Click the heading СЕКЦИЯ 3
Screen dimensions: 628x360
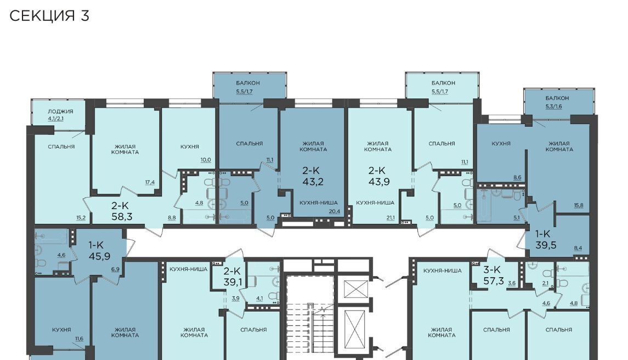coord(49,16)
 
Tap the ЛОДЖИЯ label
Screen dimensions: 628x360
coord(60,111)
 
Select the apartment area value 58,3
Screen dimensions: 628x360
coord(122,217)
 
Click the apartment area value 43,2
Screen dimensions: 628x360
coord(313,182)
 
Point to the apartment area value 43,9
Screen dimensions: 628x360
coord(379,182)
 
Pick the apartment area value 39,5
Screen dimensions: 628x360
coord(546,245)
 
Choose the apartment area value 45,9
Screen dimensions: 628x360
coord(99,256)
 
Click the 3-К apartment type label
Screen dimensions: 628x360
coord(492,270)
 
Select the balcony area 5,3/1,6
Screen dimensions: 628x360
coord(553,106)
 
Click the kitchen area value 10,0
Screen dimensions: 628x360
coord(206,160)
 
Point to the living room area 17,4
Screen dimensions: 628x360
coord(150,182)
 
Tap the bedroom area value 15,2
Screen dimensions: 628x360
coord(81,218)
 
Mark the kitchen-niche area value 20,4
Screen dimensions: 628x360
coord(335,211)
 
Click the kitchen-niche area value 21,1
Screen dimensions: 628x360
coord(390,218)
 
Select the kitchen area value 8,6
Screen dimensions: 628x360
coord(517,177)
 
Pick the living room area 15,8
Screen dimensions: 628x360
coord(578,206)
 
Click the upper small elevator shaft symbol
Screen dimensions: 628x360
coord(355,289)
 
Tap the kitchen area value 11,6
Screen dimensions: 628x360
coord(79,339)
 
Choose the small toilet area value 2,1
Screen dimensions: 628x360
coord(545,283)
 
